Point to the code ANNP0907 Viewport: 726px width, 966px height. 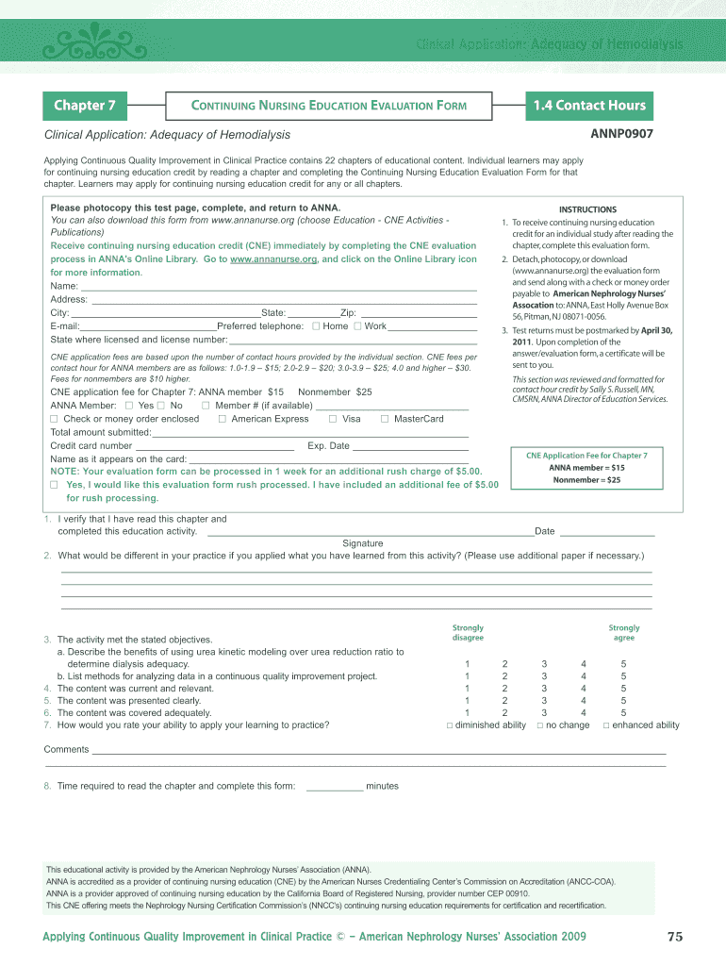point(621,134)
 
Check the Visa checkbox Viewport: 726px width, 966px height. point(333,419)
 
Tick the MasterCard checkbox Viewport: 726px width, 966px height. point(385,419)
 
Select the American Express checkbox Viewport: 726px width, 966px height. point(222,419)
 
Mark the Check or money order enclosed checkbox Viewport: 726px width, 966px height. point(55,419)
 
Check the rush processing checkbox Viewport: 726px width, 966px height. point(55,485)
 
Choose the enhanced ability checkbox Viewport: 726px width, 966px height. point(606,725)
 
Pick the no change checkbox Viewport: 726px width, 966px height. point(540,725)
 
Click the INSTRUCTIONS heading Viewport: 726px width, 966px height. point(587,209)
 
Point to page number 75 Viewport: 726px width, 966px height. point(674,937)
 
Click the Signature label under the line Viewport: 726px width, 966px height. point(362,543)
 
